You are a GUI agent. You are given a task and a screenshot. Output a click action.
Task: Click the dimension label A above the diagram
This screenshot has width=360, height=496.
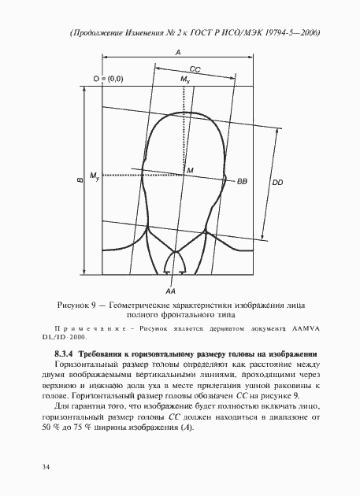point(179,51)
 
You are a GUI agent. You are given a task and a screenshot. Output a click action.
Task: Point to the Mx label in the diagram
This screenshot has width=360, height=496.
point(185,80)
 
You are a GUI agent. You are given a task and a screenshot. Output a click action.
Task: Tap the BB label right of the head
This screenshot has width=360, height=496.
point(242,181)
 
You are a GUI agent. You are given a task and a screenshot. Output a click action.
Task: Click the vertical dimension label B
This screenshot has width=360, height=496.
point(80,180)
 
